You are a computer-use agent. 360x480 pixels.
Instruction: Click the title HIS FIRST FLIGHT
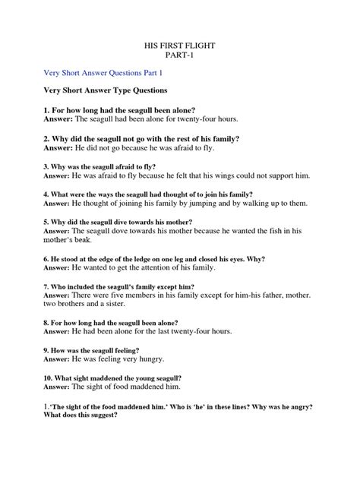(179, 46)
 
